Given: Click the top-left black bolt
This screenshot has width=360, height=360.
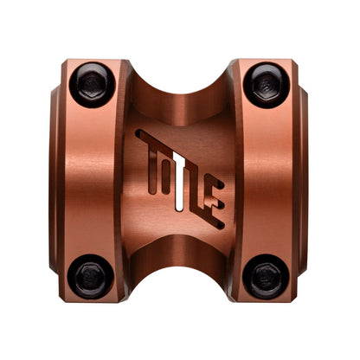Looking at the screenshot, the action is (x=93, y=85).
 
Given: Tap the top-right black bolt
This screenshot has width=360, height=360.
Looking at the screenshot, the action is (x=267, y=86).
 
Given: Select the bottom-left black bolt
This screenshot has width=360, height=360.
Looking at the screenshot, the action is (x=91, y=277).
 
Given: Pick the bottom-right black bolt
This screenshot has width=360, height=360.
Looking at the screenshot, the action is (x=266, y=277).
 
